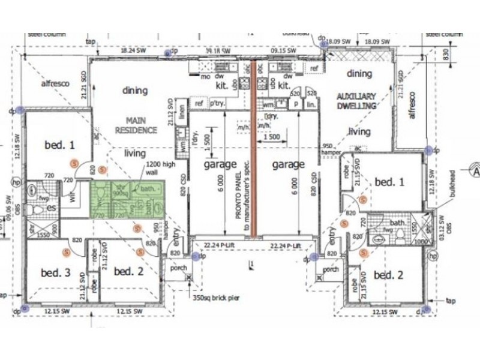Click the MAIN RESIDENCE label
136,125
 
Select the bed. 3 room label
55,272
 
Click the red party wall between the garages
254,150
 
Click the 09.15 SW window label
282,52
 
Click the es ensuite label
53,208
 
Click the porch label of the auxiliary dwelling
331,269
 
